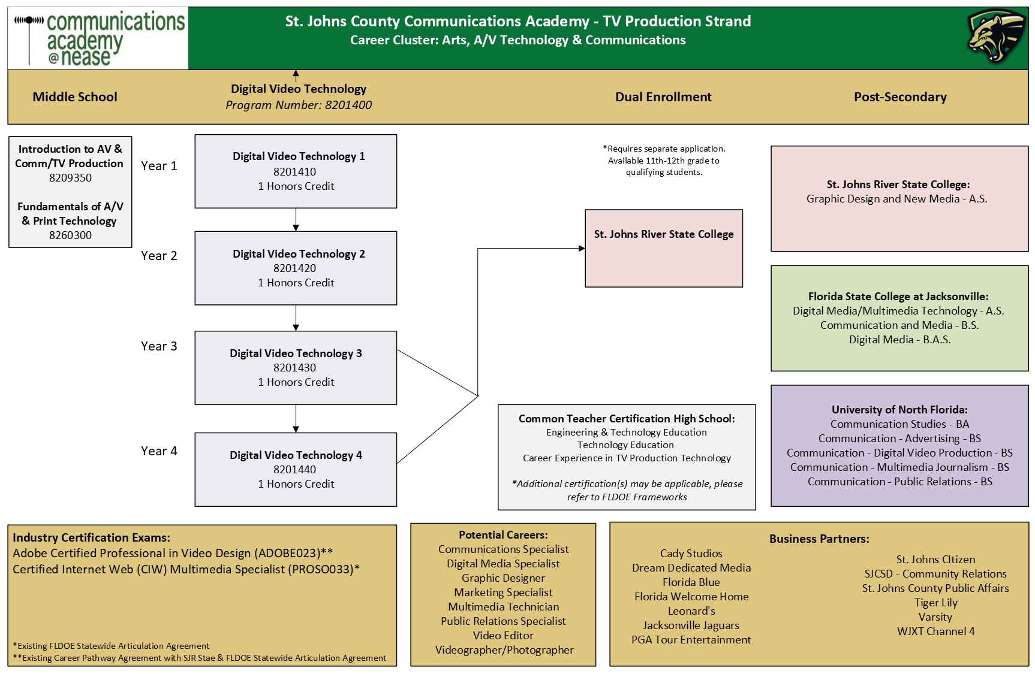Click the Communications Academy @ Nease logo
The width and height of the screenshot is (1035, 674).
[99, 38]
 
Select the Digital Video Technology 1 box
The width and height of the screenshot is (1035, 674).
[296, 171]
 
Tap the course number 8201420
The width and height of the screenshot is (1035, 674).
[294, 268]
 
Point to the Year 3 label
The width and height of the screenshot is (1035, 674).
[159, 346]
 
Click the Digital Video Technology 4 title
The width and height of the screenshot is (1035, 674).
[296, 455]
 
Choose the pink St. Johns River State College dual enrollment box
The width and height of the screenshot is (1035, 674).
[664, 249]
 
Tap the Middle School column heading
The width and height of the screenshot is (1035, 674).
[75, 97]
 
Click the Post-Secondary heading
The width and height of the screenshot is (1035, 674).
[900, 97]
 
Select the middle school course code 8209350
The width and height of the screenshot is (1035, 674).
[70, 178]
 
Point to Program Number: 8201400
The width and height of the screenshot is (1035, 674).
[299, 105]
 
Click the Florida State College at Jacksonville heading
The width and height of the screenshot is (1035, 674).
[898, 297]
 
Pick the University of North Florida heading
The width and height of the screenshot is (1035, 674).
[899, 410]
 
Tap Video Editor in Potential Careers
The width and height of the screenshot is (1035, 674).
[503, 636]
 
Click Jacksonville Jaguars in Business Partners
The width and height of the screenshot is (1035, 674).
[691, 625]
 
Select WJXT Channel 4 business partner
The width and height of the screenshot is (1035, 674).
[935, 631]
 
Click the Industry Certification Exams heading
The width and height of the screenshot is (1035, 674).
[92, 538]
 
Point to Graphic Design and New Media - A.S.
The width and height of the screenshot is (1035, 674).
[896, 199]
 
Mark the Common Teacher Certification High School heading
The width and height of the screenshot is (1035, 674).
[627, 419]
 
